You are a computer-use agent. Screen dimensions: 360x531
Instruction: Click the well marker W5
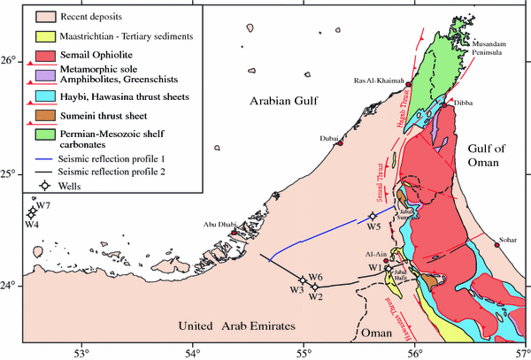pos(372,216)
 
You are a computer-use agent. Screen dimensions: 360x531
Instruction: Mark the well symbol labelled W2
pos(314,286)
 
